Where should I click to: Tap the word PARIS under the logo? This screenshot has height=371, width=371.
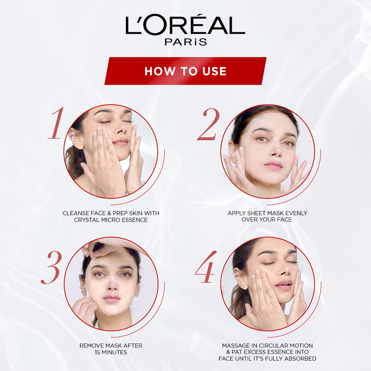tap(185, 42)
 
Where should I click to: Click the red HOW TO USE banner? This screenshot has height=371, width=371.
tap(185, 71)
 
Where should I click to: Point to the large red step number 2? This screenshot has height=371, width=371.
tap(208, 124)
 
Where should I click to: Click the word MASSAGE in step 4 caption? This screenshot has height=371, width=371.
tap(234, 346)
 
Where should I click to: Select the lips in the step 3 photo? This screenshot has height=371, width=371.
tap(111, 298)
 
